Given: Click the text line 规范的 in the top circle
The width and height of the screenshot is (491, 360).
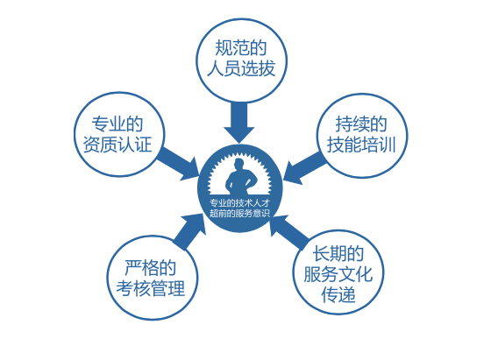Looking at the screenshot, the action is pos(241,48).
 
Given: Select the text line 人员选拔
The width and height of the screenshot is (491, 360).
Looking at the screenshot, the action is pos(241,67).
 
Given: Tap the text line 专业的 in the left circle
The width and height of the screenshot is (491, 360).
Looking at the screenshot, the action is pos(117,124).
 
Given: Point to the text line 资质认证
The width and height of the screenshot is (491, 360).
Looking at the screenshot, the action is pos(117,145).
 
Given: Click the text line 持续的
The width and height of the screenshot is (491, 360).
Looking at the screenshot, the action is pos(361,124).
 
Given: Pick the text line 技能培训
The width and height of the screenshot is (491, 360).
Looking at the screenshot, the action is pos(361,145).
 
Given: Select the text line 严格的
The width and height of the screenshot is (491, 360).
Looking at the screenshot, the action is pos(150,267).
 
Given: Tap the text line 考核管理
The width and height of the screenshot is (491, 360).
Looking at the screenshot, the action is pos(150,288).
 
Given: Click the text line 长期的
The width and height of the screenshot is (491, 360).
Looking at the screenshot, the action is pos(338,253).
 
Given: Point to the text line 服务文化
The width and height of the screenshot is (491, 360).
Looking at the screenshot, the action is pos(338,274).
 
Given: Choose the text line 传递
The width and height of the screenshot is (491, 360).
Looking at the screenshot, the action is pos(338,294).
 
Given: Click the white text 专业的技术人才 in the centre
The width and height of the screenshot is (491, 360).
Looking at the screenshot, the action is pos(239,203).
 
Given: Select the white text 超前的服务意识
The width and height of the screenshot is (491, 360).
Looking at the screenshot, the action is pos(239,214).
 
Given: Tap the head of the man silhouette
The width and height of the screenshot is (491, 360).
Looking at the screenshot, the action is pos(238,165).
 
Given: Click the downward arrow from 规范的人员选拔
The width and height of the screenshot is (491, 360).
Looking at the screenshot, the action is pos(238,123).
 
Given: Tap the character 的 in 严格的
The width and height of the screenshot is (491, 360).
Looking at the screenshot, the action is pos(167,267).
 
